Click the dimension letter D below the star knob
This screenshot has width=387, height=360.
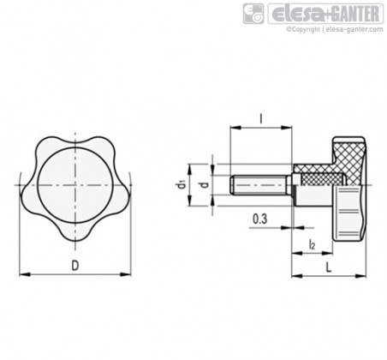tap(75, 266)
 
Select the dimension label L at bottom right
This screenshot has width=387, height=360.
tap(329, 267)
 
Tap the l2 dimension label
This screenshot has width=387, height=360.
tap(312, 245)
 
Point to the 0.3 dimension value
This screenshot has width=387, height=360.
tap(259, 219)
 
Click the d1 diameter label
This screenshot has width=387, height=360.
tap(181, 184)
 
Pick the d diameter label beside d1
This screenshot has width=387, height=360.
tap(205, 184)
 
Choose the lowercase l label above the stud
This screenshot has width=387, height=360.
tap(260, 118)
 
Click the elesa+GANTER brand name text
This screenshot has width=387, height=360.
tap(325, 14)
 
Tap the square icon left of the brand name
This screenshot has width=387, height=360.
tap(253, 14)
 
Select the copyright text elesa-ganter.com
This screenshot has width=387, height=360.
tap(335, 29)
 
